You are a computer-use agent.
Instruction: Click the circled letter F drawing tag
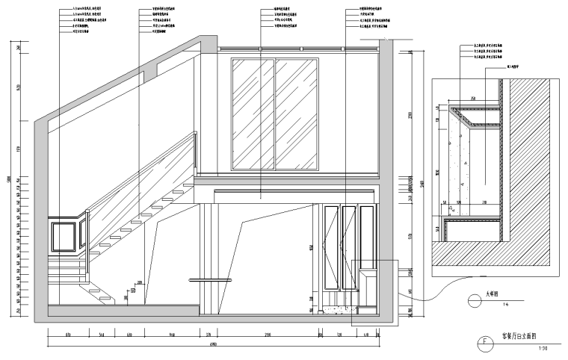[x=484, y=344]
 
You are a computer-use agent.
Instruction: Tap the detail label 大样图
[x=493, y=294]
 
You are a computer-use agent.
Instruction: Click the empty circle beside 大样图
[x=474, y=300]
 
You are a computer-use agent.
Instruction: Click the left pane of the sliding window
[x=253, y=114]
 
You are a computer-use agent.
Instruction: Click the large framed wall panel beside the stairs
[x=64, y=236]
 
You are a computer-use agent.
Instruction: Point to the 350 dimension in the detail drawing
[x=473, y=98]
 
